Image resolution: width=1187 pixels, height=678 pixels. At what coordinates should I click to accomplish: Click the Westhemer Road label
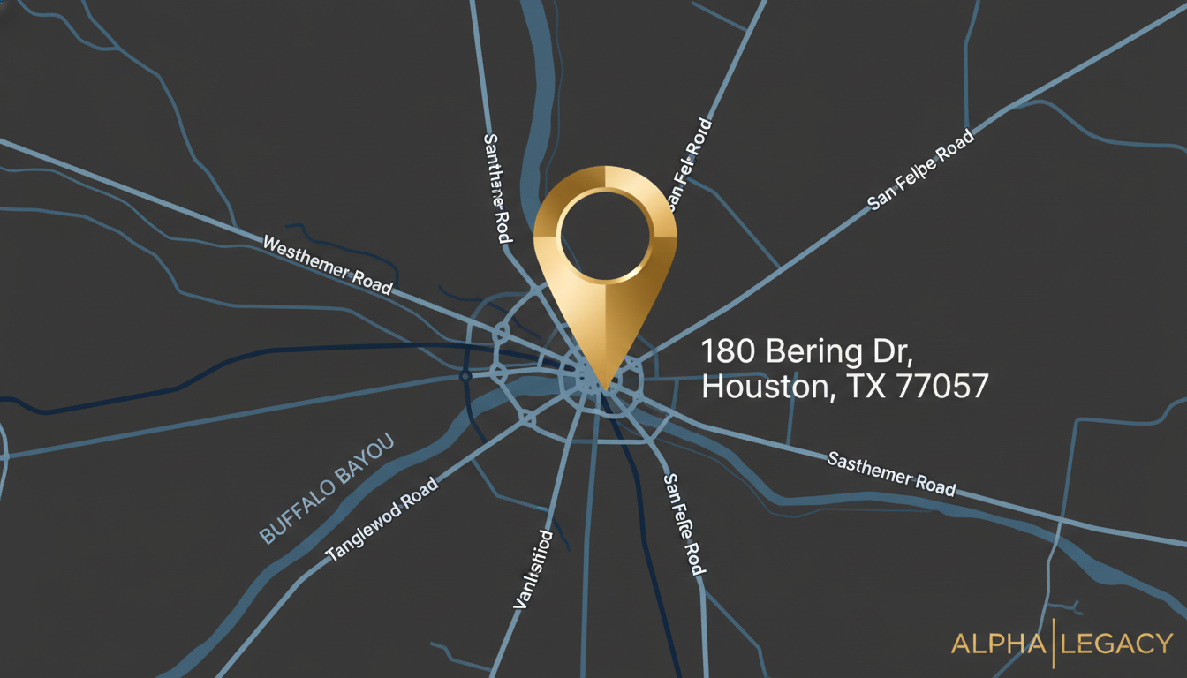328,264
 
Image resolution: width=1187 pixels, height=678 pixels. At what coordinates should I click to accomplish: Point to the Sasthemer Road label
891,473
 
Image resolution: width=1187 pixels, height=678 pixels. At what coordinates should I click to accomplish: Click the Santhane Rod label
498,189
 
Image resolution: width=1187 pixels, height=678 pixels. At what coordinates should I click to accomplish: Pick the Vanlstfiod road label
533,569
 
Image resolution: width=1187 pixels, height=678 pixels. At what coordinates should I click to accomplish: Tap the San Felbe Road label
920,169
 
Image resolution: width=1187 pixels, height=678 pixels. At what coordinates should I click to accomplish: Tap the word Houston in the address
765,387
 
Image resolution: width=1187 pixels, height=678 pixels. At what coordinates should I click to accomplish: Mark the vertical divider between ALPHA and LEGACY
1054,644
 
